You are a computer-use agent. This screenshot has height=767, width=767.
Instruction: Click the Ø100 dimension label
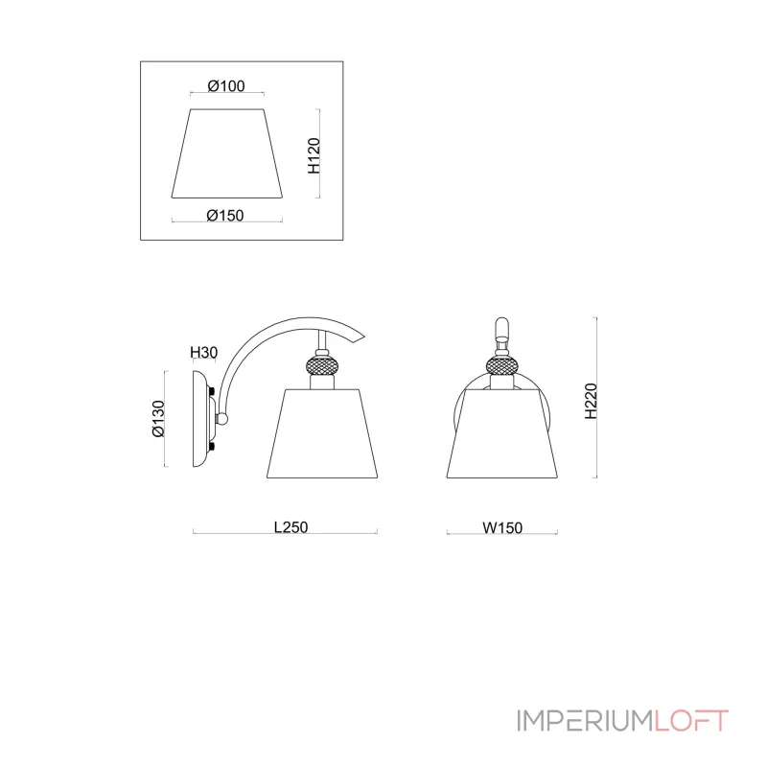[x=226, y=86]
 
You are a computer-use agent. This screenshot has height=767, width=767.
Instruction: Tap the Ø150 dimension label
[x=225, y=215]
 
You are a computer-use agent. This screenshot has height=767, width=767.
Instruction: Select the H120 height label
[x=314, y=155]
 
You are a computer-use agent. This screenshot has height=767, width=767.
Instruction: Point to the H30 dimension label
[x=203, y=352]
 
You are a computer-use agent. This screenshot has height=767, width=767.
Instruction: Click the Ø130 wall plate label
[x=158, y=419]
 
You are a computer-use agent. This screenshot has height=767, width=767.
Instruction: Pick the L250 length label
[x=291, y=527]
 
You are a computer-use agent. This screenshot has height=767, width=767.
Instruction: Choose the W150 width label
[x=502, y=528]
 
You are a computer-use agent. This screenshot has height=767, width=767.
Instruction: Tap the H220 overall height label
[x=591, y=401]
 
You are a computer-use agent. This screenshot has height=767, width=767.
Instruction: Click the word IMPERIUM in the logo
[x=585, y=721]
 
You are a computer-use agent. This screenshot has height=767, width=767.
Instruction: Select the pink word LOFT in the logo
[x=691, y=721]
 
